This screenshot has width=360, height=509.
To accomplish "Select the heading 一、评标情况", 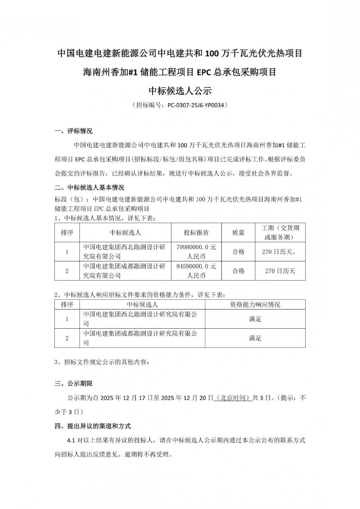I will pos(73,131).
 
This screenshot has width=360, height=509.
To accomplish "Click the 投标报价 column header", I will pos(196,233).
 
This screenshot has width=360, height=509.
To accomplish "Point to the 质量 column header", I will pos(238,233).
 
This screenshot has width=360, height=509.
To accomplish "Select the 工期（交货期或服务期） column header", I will pos(280,233).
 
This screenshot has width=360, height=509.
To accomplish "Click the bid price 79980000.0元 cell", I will pos(196,252).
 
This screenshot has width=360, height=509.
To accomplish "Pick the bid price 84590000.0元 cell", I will pos(196,271).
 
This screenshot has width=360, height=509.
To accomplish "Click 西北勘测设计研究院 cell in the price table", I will pos(124,252).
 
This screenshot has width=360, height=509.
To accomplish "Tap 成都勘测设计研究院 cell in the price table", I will pos(124,271).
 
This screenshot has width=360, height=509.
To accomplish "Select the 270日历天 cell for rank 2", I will pos(280,271).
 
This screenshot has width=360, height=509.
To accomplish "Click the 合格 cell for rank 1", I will pos(238,252).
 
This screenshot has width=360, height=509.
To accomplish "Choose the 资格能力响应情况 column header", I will pos(255,305).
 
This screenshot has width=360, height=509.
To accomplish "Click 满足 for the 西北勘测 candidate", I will pos(255,319).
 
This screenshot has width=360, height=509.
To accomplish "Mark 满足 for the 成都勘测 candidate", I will pos(255,338).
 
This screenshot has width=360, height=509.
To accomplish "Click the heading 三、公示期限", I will pos(73,384).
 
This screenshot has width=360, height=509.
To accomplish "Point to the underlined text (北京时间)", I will pos(232,398).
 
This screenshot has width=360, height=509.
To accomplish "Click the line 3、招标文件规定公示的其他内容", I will pos(101,362).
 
